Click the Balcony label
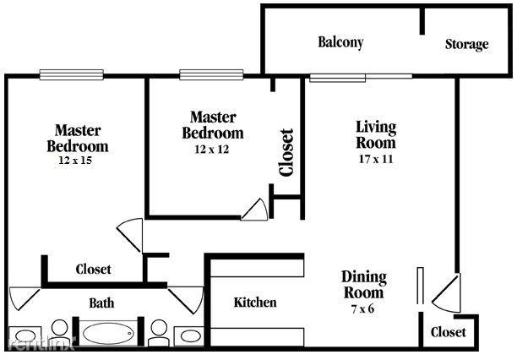pyautogui.click(x=340, y=42)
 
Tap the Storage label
pyautogui.click(x=466, y=44)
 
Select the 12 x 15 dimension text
pyautogui.click(x=76, y=160)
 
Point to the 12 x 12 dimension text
pyautogui.click(x=212, y=149)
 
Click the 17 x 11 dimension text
pyautogui.click(x=375, y=158)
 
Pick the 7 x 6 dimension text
pyautogui.click(x=363, y=308)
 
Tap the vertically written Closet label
pyautogui.click(x=286, y=152)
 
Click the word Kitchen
pyautogui.click(x=255, y=303)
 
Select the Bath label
pyautogui.click(x=101, y=303)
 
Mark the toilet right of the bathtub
pyautogui.click(x=158, y=331)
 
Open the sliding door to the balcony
pyautogui.click(x=359, y=76)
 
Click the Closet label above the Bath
pyautogui.click(x=93, y=270)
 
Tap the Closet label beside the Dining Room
pyautogui.click(x=448, y=332)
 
